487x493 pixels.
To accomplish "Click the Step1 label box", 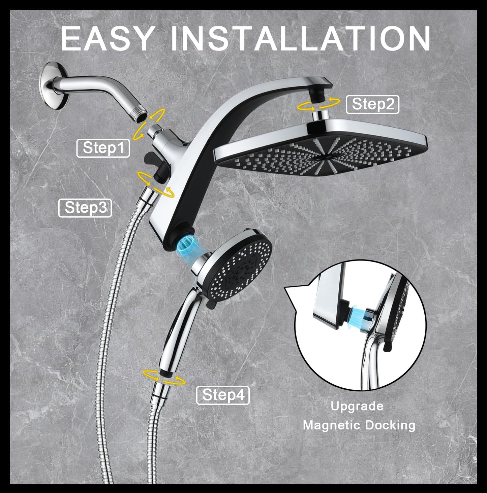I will point(103,148).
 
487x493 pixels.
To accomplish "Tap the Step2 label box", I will point(372,105).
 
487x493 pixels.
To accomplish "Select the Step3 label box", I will point(85,208).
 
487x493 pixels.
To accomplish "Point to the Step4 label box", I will point(223,395).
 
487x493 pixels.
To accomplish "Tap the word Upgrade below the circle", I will point(357,406).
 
